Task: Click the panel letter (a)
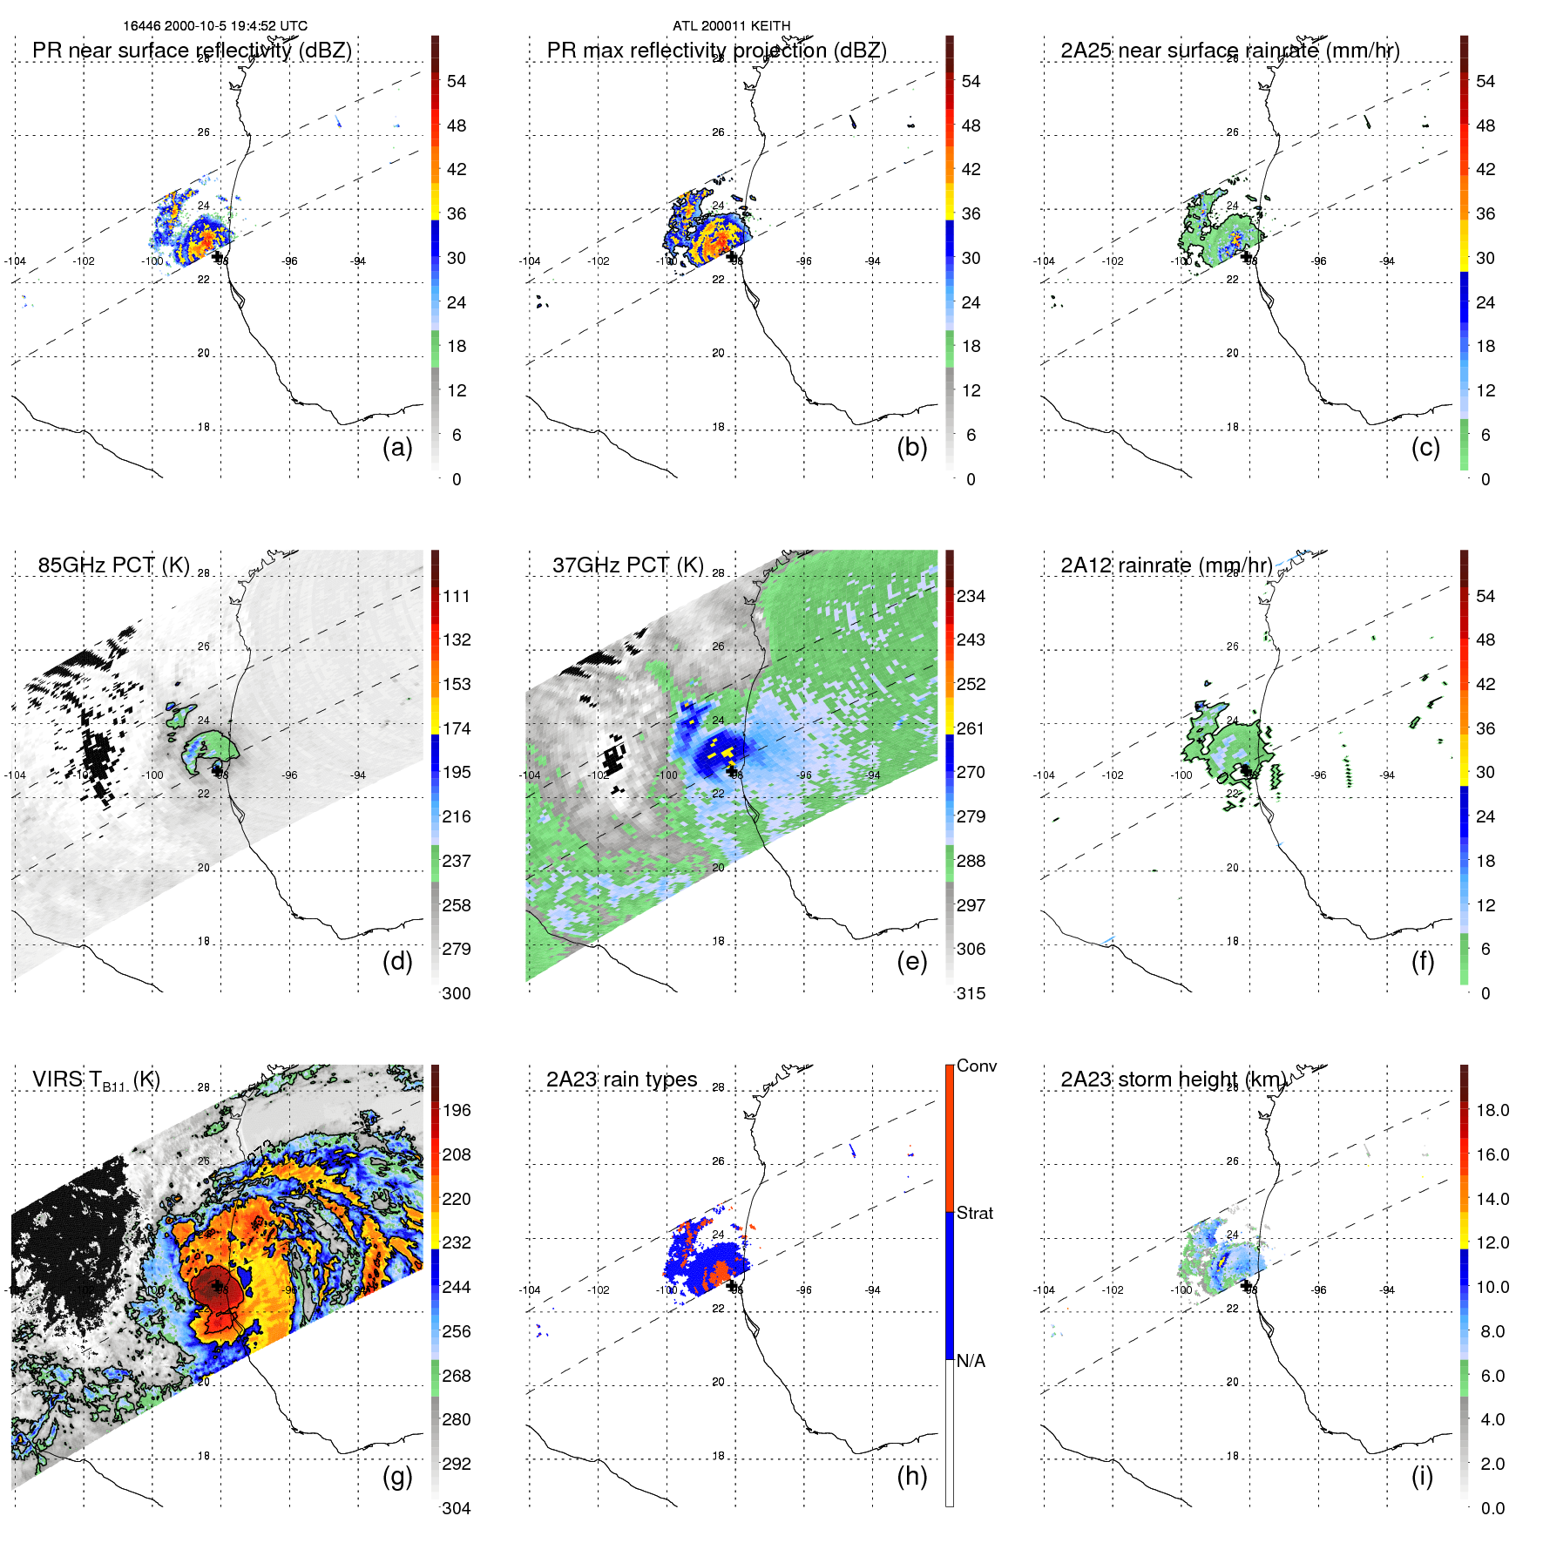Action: tap(397, 448)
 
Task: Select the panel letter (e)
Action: tap(911, 962)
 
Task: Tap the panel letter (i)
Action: tap(1422, 1476)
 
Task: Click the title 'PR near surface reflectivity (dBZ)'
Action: tap(192, 51)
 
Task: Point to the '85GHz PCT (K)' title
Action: tap(113, 565)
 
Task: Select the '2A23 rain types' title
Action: tap(621, 1079)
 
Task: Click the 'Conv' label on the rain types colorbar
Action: tap(976, 1066)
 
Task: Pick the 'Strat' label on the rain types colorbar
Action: tap(974, 1213)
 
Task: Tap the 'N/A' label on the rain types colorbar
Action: tap(971, 1361)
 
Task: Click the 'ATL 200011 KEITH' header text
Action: tap(731, 26)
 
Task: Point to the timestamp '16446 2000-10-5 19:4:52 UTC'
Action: tap(215, 26)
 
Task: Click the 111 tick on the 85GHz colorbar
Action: tap(457, 596)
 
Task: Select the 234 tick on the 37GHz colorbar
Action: tap(971, 596)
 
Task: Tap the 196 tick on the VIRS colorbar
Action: tap(457, 1110)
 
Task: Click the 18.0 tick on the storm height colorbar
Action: tap(1492, 1110)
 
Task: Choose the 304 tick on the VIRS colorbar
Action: tap(457, 1508)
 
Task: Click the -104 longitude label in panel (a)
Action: tap(15, 261)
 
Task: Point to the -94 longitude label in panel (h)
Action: tap(872, 1290)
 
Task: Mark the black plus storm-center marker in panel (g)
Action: tap(217, 1286)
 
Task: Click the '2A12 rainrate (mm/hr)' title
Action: tap(1166, 565)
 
